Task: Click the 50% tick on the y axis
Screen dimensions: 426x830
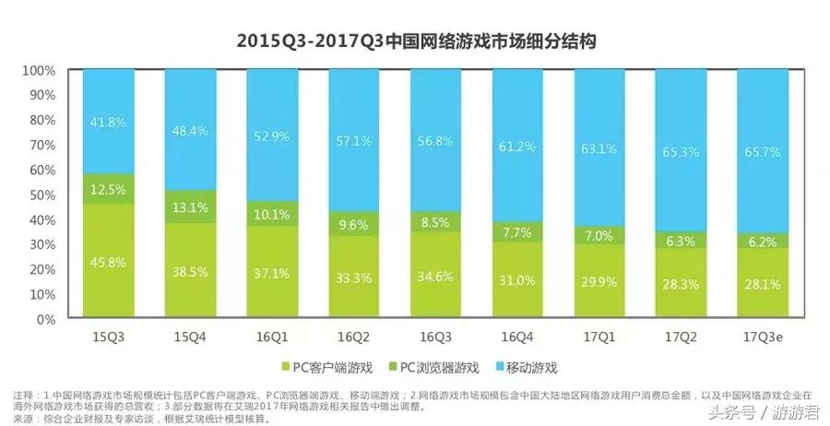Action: [42, 195]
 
